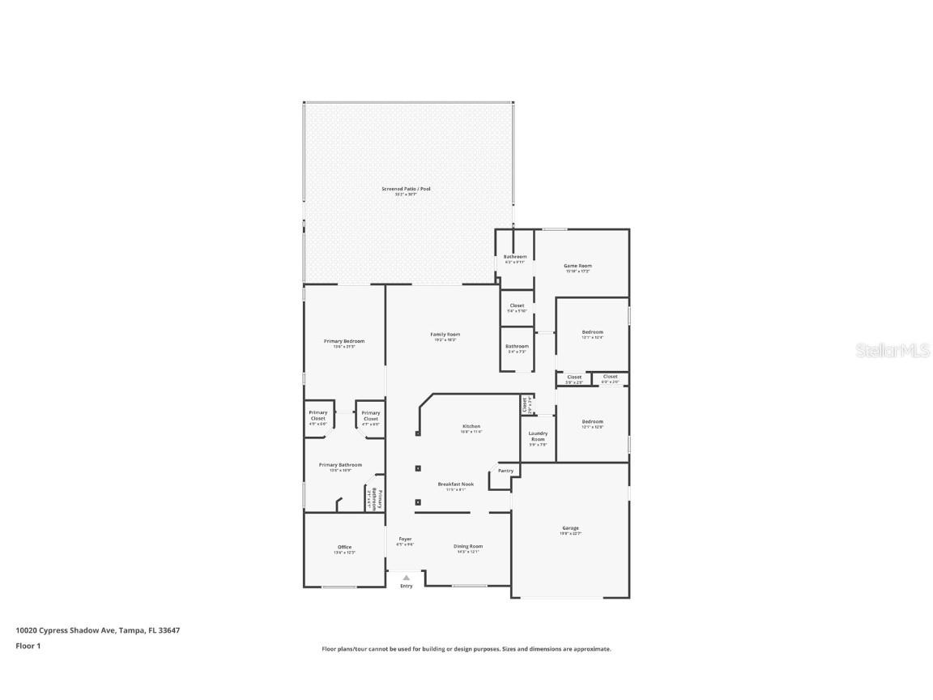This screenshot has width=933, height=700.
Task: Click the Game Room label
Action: [x=577, y=266]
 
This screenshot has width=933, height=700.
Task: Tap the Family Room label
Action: [x=445, y=335]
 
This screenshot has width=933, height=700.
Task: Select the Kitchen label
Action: [x=471, y=426]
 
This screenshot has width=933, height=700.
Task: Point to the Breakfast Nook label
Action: [x=456, y=484]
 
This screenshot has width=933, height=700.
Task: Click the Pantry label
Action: [x=505, y=471]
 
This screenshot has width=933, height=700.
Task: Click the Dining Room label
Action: [x=467, y=546]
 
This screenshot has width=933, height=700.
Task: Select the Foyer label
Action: [x=405, y=539]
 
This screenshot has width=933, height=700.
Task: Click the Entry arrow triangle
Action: [x=406, y=578]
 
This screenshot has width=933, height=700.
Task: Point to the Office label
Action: [x=344, y=547]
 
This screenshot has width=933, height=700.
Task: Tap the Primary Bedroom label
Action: [x=344, y=341]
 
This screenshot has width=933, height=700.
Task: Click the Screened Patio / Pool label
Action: [x=406, y=189]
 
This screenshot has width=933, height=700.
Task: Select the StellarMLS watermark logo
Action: [x=882, y=350]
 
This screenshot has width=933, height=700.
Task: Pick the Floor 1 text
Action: [x=28, y=646]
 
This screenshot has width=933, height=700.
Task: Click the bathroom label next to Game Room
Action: [x=515, y=257]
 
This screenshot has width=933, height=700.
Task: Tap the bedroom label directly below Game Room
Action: [x=592, y=332]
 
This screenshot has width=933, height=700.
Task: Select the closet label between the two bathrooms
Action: [x=517, y=305]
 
